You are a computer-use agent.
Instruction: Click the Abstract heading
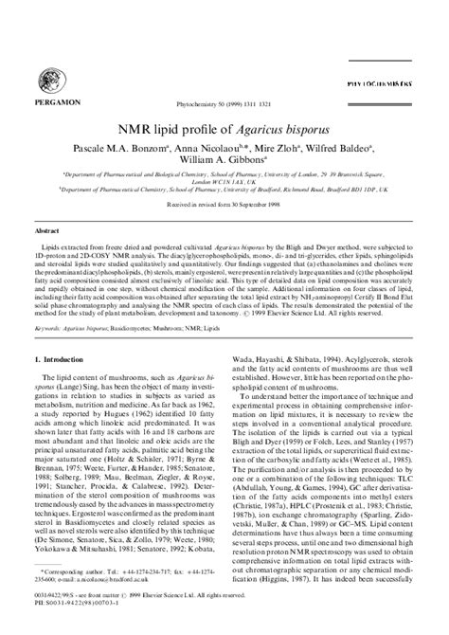coord(47,230)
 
